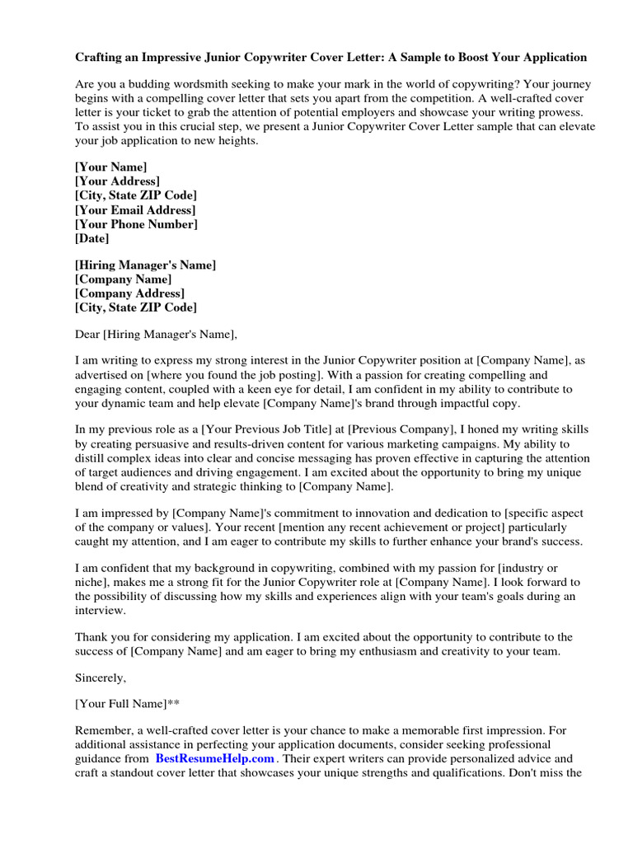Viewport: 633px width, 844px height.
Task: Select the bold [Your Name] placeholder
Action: click(111, 166)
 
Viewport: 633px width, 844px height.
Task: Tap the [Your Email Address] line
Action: click(134, 209)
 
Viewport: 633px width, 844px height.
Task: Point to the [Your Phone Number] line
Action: click(136, 224)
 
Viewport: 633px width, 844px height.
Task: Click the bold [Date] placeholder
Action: click(91, 238)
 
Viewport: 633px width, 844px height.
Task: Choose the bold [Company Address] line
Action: click(129, 293)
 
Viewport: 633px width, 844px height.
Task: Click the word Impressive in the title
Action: click(173, 58)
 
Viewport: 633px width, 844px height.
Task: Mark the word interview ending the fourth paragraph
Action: click(101, 611)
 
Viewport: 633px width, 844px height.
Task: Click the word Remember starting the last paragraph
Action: click(104, 730)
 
